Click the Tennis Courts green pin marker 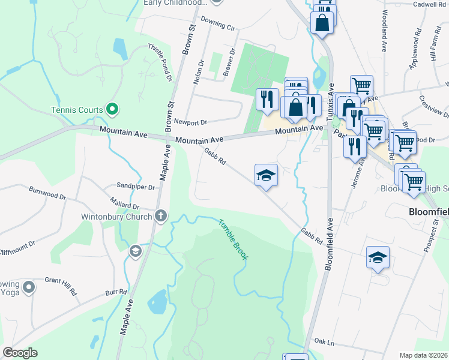[x=111, y=109]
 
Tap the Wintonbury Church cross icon [x=161, y=217]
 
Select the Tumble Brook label [x=232, y=239]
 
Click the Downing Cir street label [x=218, y=24]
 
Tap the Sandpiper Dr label [x=136, y=187]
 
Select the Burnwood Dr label [x=47, y=193]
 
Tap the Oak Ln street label [x=323, y=342]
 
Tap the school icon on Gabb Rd [x=266, y=175]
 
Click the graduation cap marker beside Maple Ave [x=135, y=250]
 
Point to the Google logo [x=20, y=353]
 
